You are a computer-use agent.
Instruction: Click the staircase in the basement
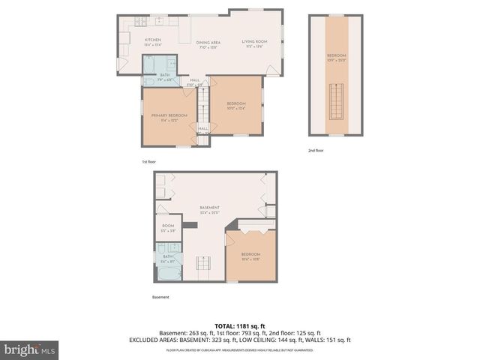[x=202, y=264]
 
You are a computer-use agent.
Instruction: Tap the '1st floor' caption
[x=149, y=162]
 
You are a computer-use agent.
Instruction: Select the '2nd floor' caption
[x=317, y=150]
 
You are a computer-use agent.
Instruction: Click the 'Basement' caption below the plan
[x=160, y=297]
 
